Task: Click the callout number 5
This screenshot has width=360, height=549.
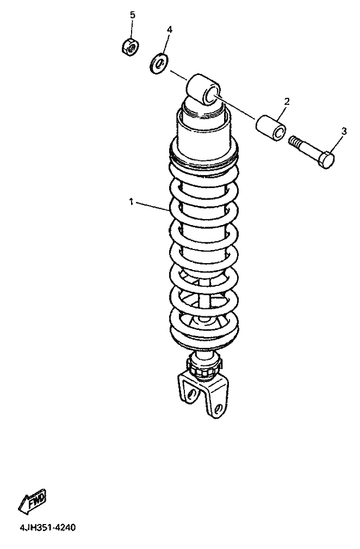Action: tap(132, 15)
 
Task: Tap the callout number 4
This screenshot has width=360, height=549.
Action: tap(170, 29)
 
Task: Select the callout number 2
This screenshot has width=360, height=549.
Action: tap(287, 102)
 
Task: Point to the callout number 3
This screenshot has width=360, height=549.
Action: tap(344, 132)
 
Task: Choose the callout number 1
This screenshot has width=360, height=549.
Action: tap(131, 202)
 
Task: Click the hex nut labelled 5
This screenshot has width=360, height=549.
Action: tap(131, 47)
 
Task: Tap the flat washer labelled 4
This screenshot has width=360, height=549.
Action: tap(159, 64)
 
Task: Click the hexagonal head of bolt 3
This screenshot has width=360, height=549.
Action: tap(326, 160)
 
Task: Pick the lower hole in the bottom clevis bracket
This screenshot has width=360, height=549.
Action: tap(219, 408)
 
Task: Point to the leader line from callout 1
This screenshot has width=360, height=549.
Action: tap(153, 207)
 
